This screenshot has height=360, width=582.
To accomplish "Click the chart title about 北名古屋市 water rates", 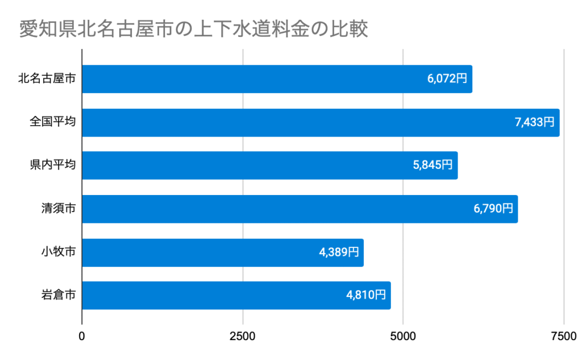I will [x=194, y=29].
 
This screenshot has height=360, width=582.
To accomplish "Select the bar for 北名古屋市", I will [x=250, y=79].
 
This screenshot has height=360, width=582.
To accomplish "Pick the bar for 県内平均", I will [x=244, y=165].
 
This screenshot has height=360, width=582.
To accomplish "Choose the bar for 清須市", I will [x=273, y=209].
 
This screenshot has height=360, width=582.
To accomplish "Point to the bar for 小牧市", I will [x=199, y=253].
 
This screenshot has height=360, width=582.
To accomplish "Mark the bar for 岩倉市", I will [x=210, y=296].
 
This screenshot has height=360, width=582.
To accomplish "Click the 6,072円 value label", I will [x=447, y=79].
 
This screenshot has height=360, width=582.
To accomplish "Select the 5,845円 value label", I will [x=433, y=165].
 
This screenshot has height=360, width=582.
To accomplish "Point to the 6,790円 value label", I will [x=493, y=209].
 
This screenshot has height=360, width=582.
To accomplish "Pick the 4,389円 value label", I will [x=339, y=253].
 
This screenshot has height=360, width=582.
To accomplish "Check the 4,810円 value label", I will [x=366, y=296].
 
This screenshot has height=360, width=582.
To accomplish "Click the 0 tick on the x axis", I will [x=82, y=336].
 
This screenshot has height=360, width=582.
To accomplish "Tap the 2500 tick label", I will [x=243, y=336].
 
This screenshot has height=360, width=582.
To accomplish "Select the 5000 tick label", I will [x=403, y=336].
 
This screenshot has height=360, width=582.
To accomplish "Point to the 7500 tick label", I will [x=563, y=336].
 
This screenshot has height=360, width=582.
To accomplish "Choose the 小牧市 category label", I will [x=58, y=253].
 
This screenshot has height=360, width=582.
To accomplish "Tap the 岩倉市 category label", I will [x=58, y=296].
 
